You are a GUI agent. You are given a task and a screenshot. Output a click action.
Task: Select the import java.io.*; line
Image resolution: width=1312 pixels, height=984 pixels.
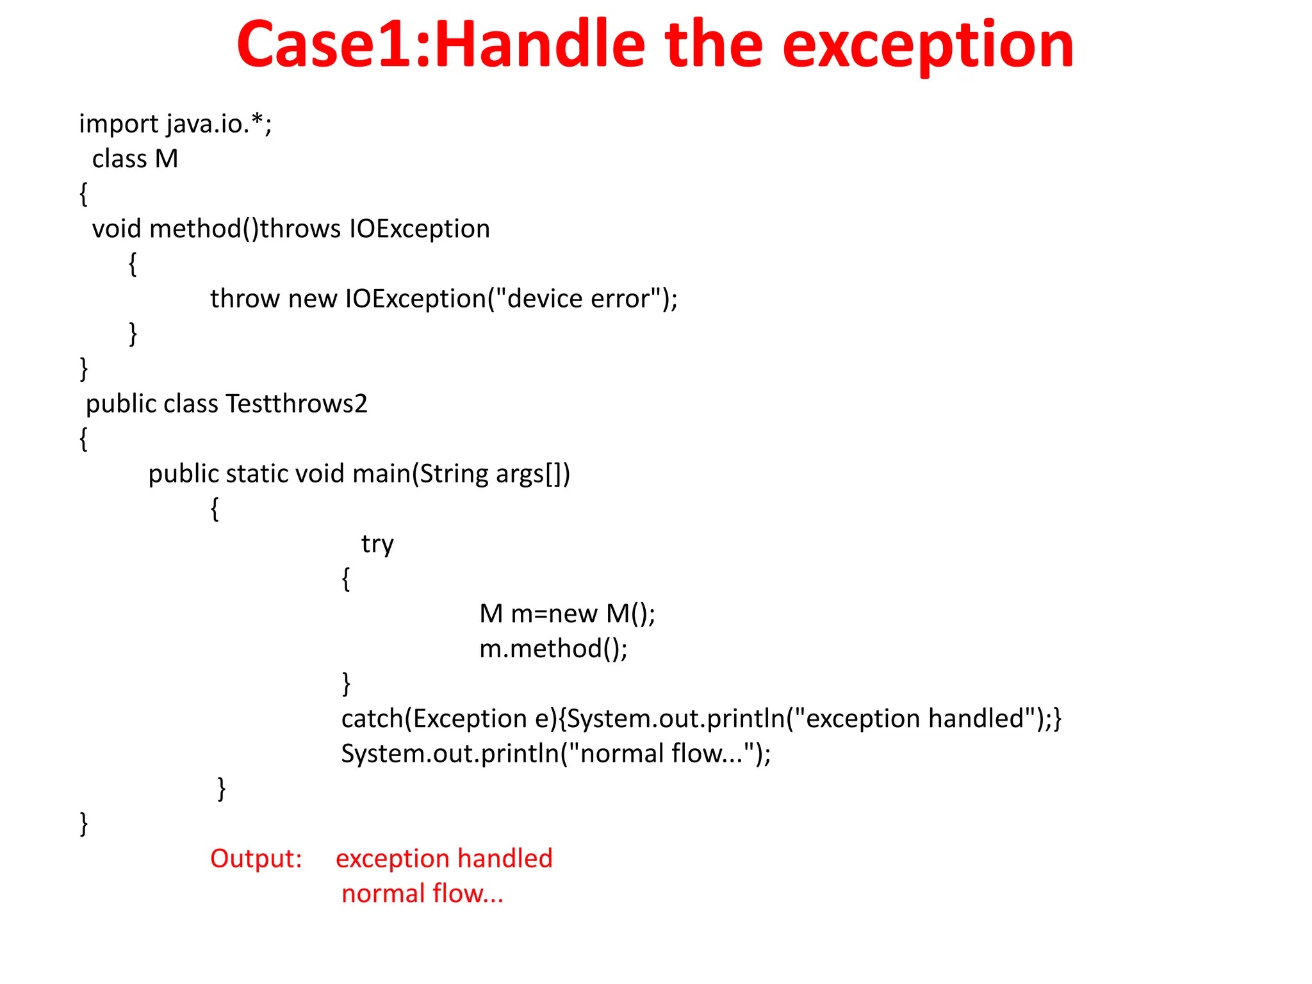(176, 124)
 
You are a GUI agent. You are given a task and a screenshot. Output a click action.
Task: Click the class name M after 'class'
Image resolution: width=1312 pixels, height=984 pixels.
(166, 159)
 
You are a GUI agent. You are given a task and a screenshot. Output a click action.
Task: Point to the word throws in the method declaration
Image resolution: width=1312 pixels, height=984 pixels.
(300, 229)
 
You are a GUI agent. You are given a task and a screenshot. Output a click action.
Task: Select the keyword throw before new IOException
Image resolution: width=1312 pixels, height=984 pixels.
(245, 299)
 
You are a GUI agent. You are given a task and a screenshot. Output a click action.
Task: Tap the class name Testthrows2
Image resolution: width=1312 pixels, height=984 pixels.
(297, 404)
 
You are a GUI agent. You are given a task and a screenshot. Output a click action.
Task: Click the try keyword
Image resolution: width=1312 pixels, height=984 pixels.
(377, 545)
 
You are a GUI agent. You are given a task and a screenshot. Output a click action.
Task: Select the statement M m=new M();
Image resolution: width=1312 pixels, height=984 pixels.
(567, 614)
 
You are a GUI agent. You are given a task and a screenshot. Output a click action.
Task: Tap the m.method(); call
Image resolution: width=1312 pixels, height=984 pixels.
(553, 649)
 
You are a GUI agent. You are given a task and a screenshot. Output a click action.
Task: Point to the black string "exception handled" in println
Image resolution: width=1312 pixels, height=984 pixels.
(914, 719)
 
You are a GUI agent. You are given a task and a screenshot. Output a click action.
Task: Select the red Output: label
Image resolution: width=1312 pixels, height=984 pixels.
(256, 858)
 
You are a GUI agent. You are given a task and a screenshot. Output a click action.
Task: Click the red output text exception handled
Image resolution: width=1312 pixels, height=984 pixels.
(444, 858)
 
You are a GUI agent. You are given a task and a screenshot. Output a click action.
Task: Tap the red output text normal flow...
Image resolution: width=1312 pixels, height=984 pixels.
(422, 894)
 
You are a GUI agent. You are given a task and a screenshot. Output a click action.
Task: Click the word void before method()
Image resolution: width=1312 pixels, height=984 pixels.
(116, 229)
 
